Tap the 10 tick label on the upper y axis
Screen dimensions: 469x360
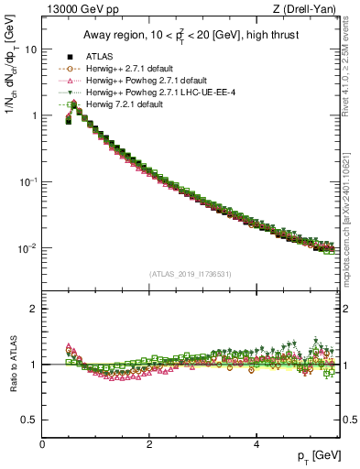(x=30, y=49)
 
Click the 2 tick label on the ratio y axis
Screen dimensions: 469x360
(x=34, y=309)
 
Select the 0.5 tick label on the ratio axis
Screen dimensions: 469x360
(x=30, y=420)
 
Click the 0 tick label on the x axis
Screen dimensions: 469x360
(x=42, y=444)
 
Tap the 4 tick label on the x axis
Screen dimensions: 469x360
(x=256, y=444)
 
